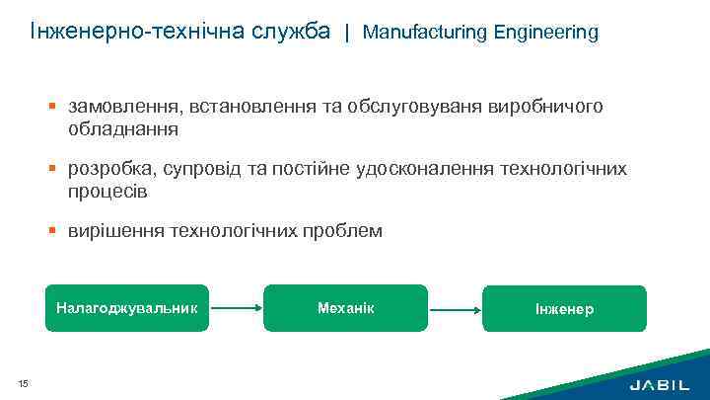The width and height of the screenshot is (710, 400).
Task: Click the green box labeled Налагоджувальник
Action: click(127, 307)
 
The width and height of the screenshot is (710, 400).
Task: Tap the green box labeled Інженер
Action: click(564, 308)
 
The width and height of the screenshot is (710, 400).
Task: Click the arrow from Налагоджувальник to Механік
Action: click(237, 307)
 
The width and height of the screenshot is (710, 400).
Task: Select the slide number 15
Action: click(23, 383)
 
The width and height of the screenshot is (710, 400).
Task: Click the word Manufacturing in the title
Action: click(415, 32)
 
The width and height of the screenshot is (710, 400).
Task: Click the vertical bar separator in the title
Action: click(346, 32)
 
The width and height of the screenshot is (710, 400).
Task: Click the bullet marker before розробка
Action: click(57, 169)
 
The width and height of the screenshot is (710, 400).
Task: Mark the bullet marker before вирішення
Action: click(57, 231)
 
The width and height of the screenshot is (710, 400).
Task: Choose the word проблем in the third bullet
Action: click(345, 231)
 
